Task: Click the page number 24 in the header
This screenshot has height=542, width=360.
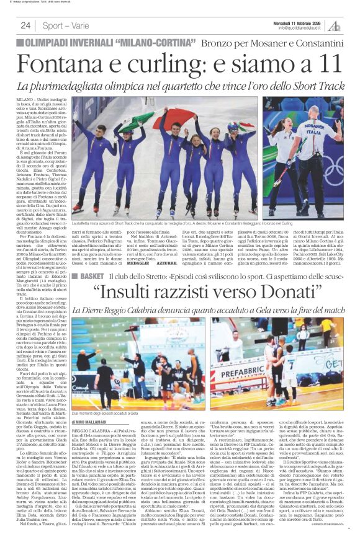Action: (25, 25)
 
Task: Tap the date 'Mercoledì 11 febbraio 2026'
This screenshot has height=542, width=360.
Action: (302, 22)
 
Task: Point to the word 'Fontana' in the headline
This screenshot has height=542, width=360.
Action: (62, 64)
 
